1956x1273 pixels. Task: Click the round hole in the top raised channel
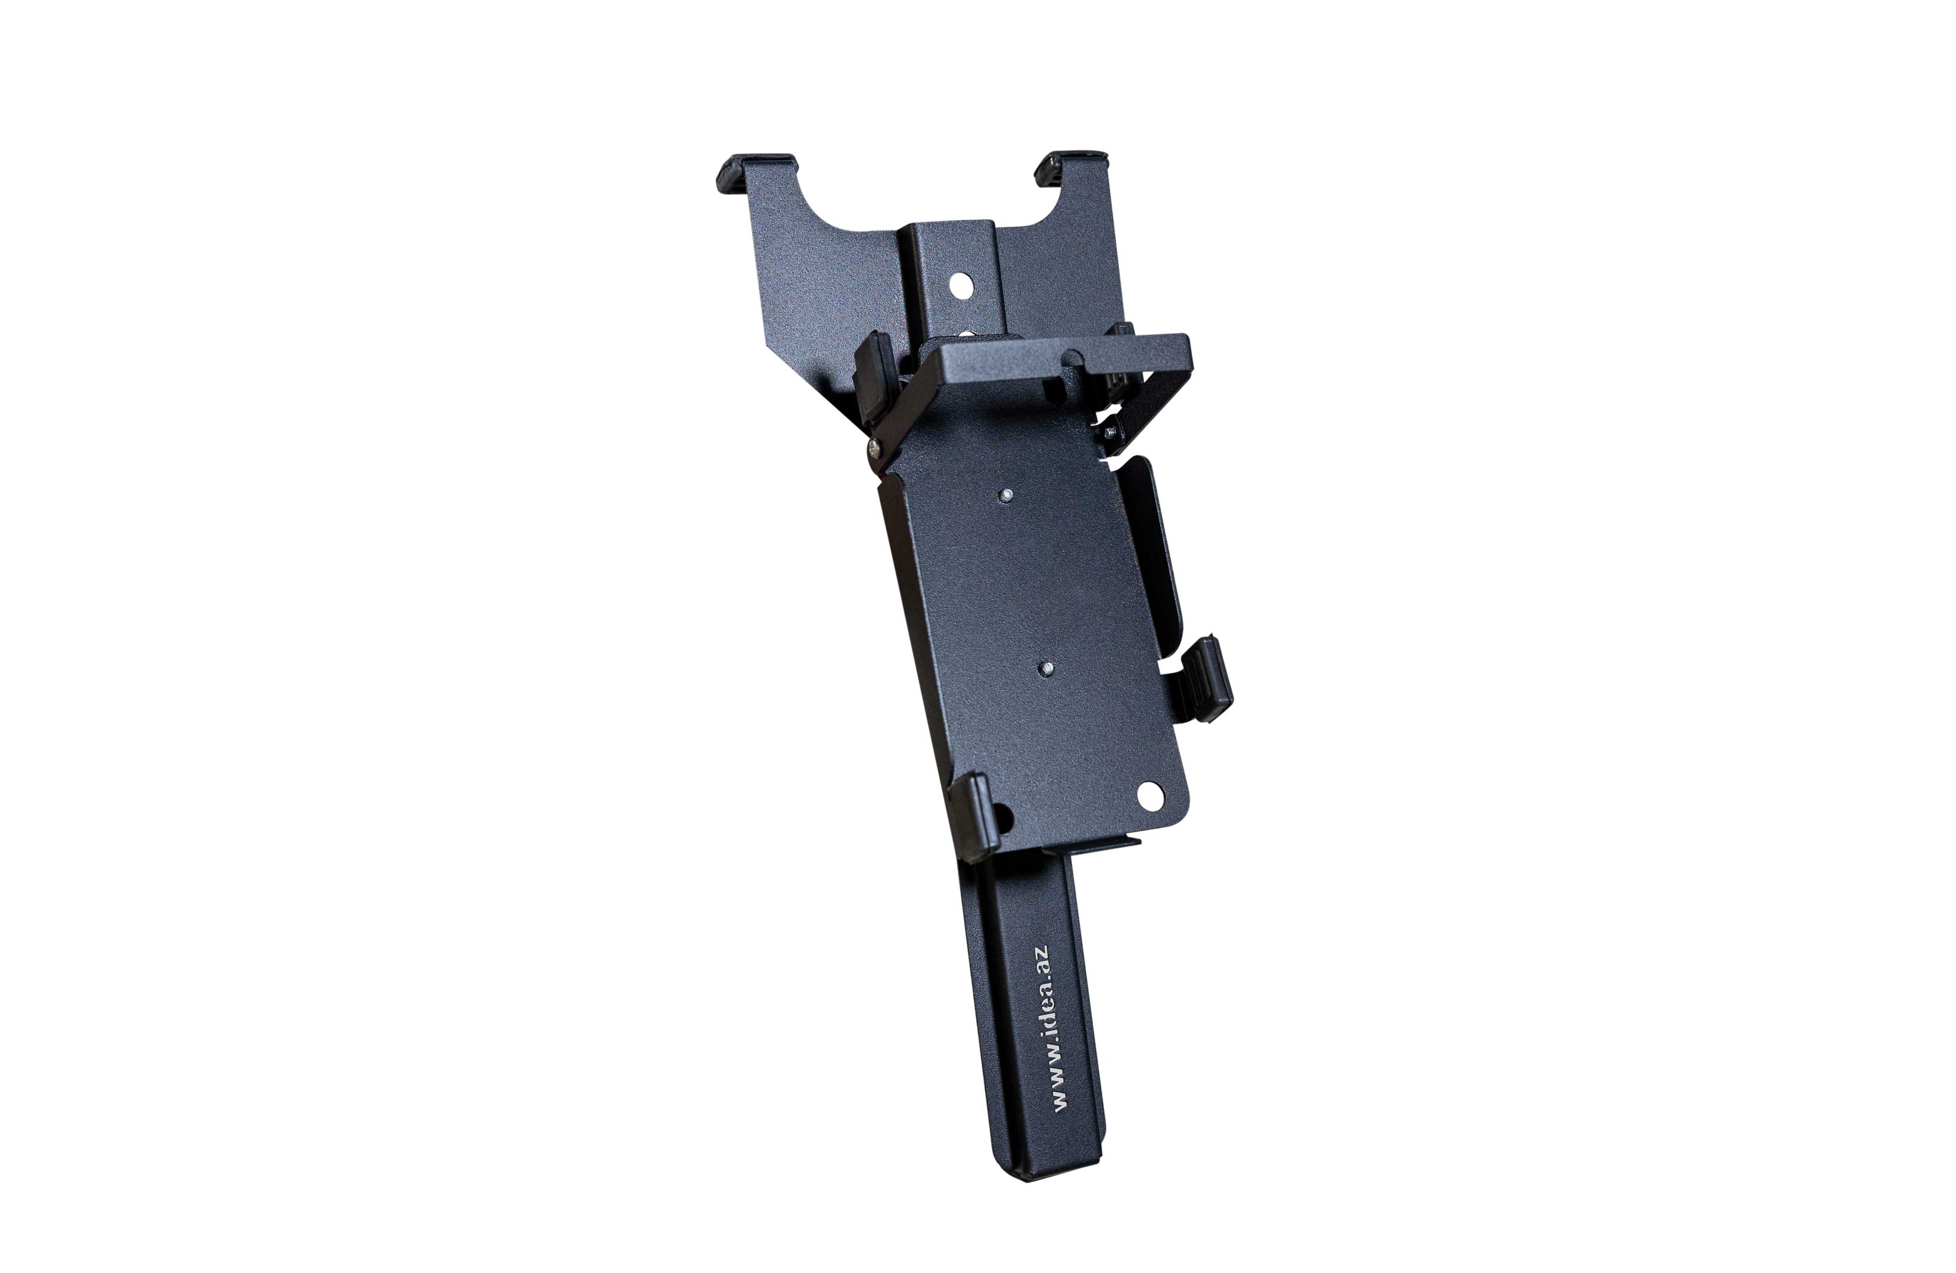pyautogui.click(x=961, y=285)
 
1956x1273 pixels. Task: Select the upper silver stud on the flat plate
pyautogui.click(x=1005, y=495)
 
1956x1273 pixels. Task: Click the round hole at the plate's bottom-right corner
pyautogui.click(x=1151, y=795)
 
